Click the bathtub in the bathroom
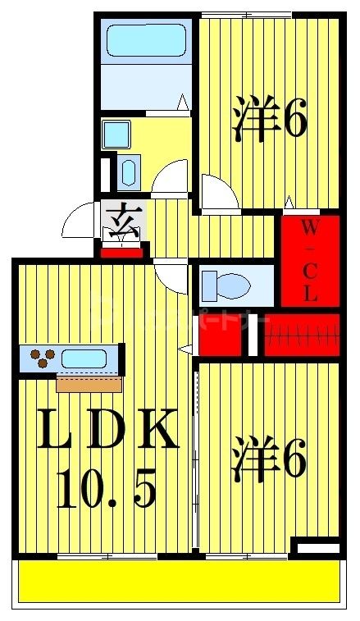click(145, 40)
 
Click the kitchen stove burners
click(43, 357)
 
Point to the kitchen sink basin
click(84, 358)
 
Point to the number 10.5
click(106, 488)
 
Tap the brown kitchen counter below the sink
click(89, 384)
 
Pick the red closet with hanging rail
click(300, 335)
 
